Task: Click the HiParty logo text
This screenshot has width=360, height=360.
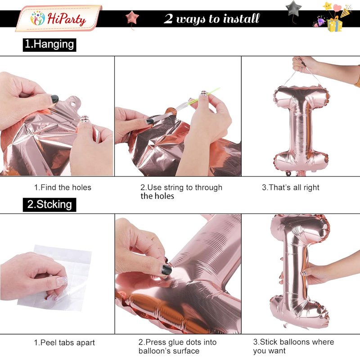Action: pos(66,19)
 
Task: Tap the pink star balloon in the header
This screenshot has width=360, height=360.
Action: pos(132,18)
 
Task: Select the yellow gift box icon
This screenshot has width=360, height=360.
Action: pos(335,25)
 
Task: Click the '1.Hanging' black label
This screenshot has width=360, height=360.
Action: pos(49,45)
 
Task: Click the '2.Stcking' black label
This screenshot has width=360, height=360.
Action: pos(49,205)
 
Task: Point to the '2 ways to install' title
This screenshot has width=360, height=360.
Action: pos(211,18)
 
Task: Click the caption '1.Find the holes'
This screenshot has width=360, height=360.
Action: pos(63,187)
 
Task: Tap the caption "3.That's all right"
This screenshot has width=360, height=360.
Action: pos(290,187)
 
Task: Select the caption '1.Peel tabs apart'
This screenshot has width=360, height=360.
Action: pos(64,342)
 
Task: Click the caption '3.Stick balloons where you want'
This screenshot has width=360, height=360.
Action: pos(293,346)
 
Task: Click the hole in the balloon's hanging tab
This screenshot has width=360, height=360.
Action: pos(73,104)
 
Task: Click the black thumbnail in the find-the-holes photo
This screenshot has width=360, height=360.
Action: pos(54,99)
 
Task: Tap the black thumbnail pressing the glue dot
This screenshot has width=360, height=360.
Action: pos(166,270)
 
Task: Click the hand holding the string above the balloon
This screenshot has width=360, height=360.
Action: pos(306,65)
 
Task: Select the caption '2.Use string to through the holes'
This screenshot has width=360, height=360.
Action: pos(181,192)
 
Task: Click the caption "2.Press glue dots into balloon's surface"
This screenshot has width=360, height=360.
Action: pos(177,346)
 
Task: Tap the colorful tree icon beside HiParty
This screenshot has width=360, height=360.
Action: pos(38,18)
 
